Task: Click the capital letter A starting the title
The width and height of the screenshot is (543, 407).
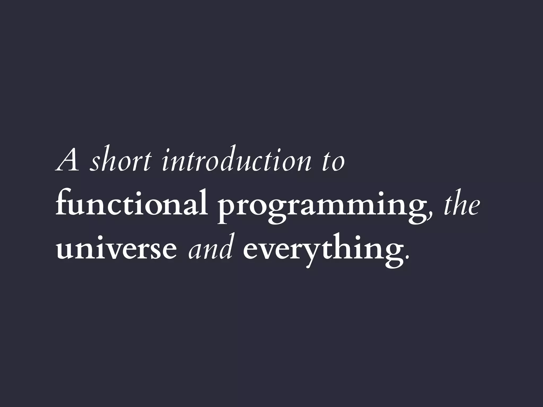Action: pos(68,161)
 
